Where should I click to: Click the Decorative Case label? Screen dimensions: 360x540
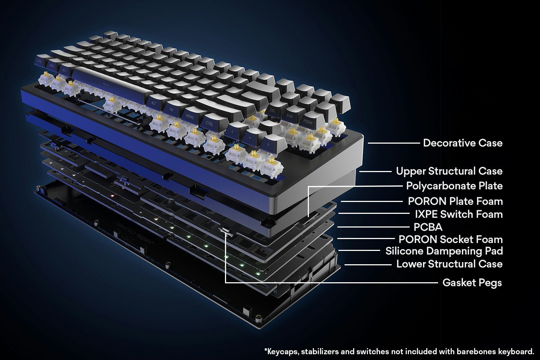[x=463, y=143]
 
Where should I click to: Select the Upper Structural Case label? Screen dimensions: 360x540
[x=449, y=171]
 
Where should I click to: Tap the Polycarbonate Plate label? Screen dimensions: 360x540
[x=454, y=186]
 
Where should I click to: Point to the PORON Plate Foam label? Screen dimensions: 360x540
[x=455, y=201]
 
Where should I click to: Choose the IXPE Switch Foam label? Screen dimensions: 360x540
[x=459, y=214]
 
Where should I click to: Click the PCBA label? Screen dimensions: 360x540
[x=428, y=227]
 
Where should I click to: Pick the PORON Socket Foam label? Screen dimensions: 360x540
[x=450, y=239]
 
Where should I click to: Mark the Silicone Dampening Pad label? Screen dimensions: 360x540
[x=444, y=251]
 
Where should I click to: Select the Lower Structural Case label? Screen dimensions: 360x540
[x=449, y=264]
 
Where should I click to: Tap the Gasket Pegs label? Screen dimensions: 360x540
[x=472, y=283]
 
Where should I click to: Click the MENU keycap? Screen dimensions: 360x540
[x=190, y=116]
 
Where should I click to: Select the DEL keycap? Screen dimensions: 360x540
[x=273, y=110]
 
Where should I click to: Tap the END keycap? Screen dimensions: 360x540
[x=290, y=116]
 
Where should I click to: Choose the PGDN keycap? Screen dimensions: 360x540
[x=308, y=122]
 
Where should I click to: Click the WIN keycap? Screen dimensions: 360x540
[x=51, y=65]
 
